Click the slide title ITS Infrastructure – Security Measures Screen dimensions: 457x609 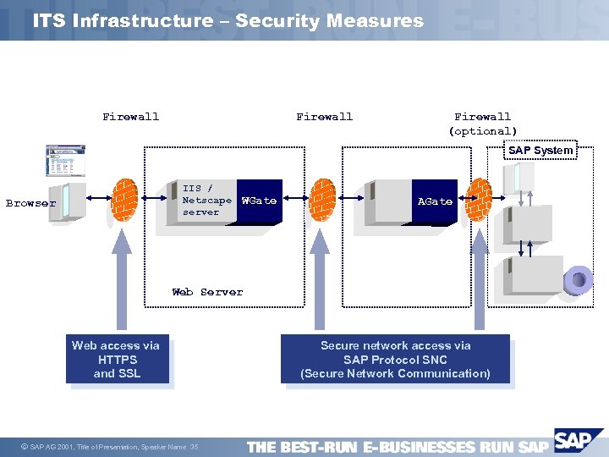tap(228, 20)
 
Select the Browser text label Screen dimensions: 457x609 tap(30, 203)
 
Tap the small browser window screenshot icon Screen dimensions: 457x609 tap(65, 161)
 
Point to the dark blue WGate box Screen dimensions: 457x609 tap(259, 201)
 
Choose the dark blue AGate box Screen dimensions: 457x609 tap(435, 201)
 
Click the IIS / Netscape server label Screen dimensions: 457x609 tap(206, 201)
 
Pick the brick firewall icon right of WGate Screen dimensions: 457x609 tap(322, 202)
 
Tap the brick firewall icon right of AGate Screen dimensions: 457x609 tap(480, 201)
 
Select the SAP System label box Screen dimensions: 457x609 tap(540, 151)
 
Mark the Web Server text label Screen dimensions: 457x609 tap(207, 292)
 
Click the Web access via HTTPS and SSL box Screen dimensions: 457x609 tap(117, 360)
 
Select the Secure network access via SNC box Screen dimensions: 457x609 tap(395, 360)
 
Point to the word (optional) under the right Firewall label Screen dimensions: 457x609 tap(483, 131)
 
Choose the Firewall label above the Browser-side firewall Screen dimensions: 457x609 tap(130, 117)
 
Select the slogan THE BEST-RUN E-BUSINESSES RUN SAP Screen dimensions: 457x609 tap(398, 447)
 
